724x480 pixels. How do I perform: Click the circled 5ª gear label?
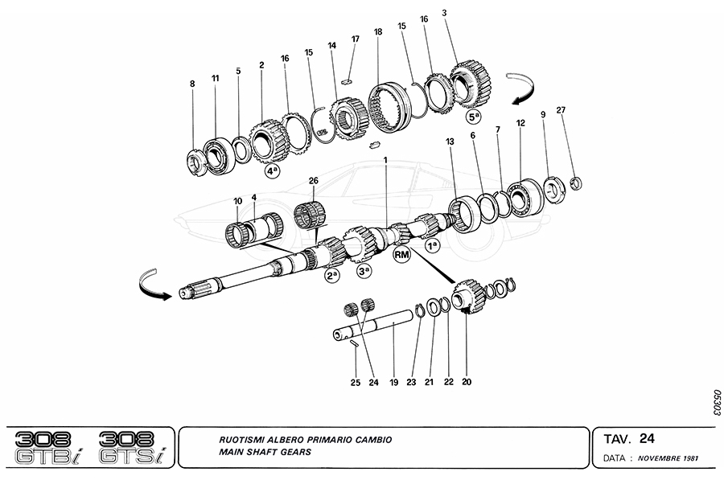tap(475, 115)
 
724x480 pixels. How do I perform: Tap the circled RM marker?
tap(402, 255)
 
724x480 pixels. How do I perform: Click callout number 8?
tap(191, 83)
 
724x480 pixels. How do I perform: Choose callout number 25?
tap(355, 383)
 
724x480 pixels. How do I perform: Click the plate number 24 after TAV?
tap(648, 438)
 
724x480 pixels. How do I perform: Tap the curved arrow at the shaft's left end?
tap(156, 285)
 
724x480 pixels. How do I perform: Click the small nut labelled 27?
tap(576, 181)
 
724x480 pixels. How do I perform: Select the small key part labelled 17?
tap(348, 80)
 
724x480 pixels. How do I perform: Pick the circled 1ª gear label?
tap(433, 245)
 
